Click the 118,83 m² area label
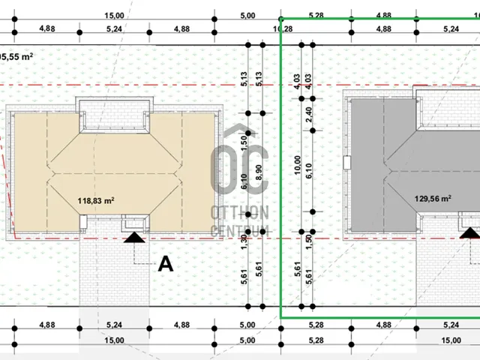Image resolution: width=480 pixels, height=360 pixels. (x=96, y=201)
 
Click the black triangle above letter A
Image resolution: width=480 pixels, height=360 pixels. (x=134, y=238)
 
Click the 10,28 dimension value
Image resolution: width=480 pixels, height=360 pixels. (x=285, y=29)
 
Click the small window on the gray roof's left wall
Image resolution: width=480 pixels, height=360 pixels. (x=346, y=162)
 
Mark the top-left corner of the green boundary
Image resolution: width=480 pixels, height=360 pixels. (x=281, y=19)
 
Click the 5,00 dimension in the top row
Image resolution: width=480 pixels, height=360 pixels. (x=247, y=15)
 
